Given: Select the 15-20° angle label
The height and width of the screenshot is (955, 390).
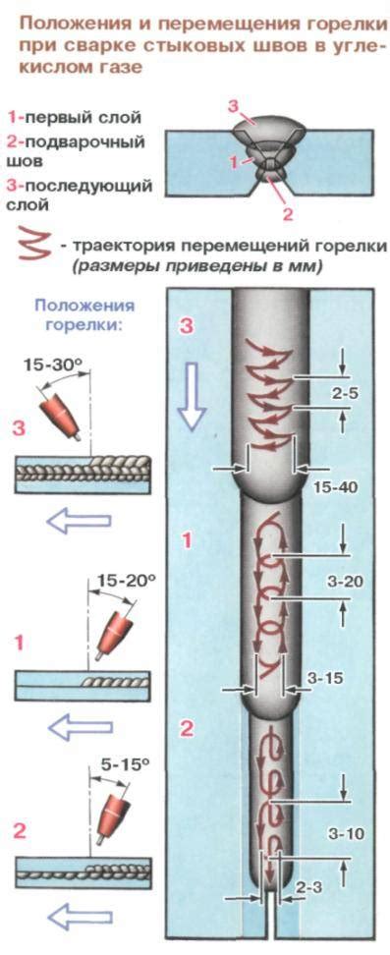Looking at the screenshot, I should click(127, 581).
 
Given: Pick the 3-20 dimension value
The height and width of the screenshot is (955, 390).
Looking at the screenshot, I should click(345, 582).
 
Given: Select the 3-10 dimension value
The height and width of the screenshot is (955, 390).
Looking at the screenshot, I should click(347, 833).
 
